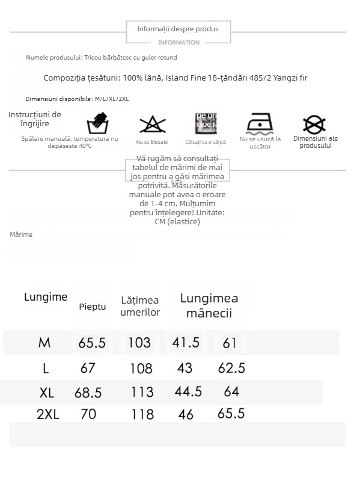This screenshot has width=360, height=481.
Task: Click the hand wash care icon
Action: click(x=97, y=124)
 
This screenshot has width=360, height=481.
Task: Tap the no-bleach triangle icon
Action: click(x=151, y=124)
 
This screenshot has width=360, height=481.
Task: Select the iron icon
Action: click(x=260, y=124)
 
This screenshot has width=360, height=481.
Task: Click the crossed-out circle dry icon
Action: click(x=314, y=124)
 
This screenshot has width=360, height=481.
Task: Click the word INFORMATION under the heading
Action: click(x=178, y=43)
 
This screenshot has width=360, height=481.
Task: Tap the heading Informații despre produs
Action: click(x=178, y=29)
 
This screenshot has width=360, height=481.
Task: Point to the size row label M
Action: click(x=44, y=343)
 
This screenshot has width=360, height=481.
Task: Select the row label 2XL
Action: click(x=49, y=414)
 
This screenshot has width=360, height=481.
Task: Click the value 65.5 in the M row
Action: click(x=91, y=343)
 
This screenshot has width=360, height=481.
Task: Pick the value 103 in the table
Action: click(x=139, y=343)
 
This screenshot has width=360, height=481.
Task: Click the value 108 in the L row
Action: click(x=142, y=368)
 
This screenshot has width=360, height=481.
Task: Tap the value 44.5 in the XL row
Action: click(x=188, y=392)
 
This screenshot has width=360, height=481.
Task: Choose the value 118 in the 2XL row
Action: click(x=142, y=414)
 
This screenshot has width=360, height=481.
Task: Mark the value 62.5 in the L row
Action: click(x=231, y=368)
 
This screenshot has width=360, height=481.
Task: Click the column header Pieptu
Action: click(x=92, y=307)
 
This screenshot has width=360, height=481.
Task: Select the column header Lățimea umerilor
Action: click(x=140, y=306)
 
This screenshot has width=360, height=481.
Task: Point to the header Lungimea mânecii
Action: click(x=209, y=305)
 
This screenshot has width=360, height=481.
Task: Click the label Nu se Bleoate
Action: click(x=152, y=142)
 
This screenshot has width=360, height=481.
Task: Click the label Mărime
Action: click(x=21, y=234)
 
